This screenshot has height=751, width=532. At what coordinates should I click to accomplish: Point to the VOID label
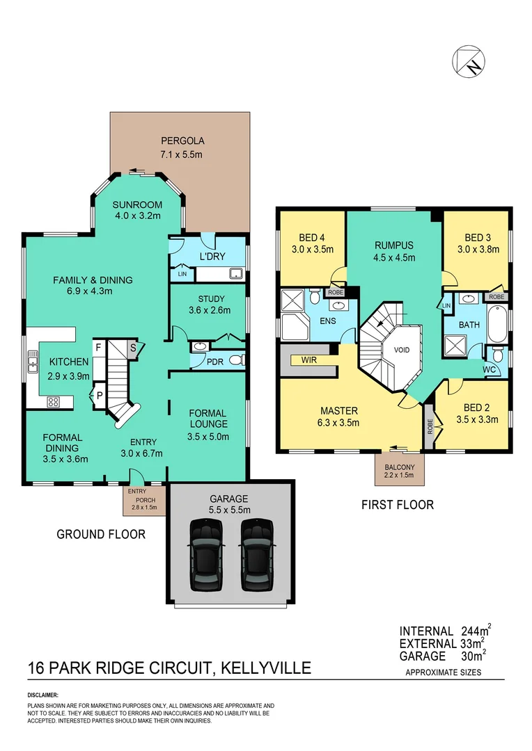point(402,349)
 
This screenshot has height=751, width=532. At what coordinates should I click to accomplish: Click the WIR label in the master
point(310,360)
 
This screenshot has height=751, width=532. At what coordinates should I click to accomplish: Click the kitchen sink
point(33,362)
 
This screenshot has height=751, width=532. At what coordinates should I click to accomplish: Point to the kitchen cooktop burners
point(53,401)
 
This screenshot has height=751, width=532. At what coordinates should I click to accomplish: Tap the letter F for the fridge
point(98,346)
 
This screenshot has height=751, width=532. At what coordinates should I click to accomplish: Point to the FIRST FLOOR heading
point(397,505)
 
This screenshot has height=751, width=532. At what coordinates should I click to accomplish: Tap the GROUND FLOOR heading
point(101,534)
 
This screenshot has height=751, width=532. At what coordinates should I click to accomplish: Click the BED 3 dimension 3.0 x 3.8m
point(478,250)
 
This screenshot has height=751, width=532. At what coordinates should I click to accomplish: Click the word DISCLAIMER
point(43,695)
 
